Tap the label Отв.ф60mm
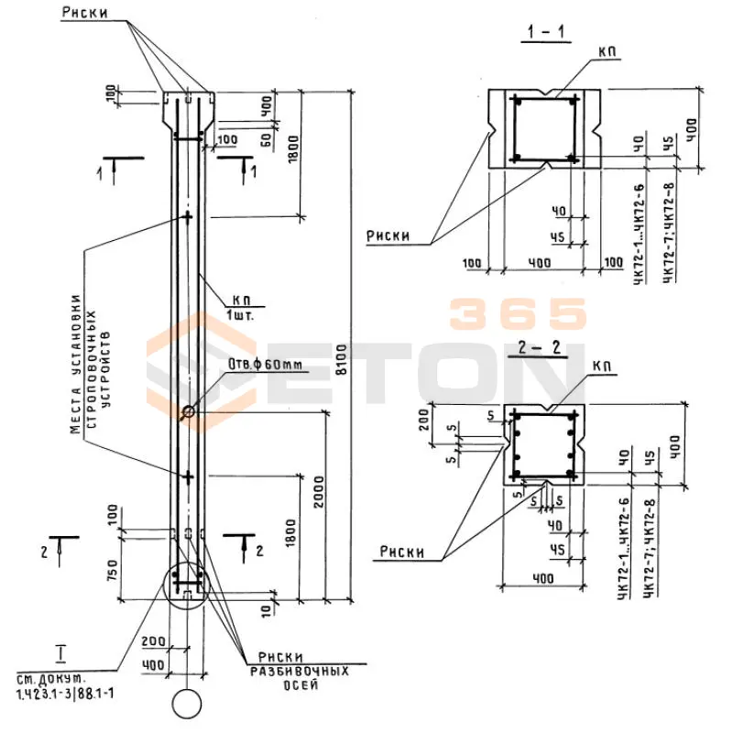[x=265, y=366]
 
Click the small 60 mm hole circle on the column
[x=188, y=413]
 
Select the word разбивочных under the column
[x=300, y=671]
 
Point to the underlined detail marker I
[x=60, y=652]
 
